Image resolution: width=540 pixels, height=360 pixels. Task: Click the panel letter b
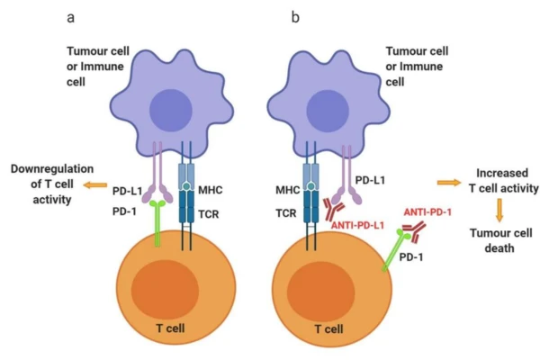tap(293, 16)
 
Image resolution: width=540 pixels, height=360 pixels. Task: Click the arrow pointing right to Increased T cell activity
tap(446, 182)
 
